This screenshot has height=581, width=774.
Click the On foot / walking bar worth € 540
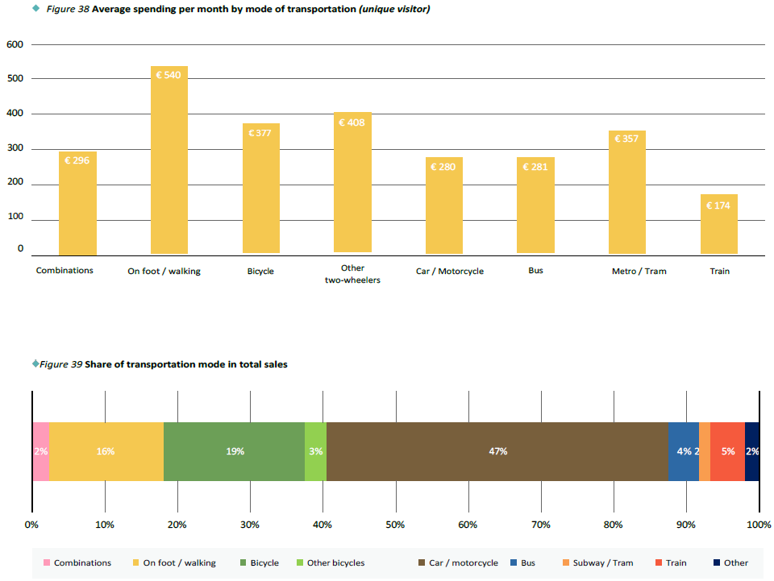(x=169, y=161)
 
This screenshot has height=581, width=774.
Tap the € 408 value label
(x=352, y=123)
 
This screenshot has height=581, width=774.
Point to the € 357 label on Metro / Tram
(x=626, y=139)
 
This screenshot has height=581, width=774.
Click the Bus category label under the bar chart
(x=535, y=271)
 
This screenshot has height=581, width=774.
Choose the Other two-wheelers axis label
(x=352, y=274)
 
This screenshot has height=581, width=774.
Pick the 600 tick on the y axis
(x=15, y=44)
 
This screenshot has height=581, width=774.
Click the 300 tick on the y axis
(x=15, y=149)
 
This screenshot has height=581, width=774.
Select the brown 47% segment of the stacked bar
(x=497, y=451)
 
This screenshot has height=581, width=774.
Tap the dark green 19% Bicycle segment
(x=234, y=451)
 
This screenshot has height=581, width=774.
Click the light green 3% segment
(x=315, y=451)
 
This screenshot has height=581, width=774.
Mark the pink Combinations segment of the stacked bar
(x=40, y=451)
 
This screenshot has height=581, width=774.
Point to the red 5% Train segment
(x=727, y=451)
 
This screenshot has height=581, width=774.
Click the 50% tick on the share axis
(x=395, y=525)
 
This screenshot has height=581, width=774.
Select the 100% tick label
(x=759, y=525)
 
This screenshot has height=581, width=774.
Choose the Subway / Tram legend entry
(x=601, y=562)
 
